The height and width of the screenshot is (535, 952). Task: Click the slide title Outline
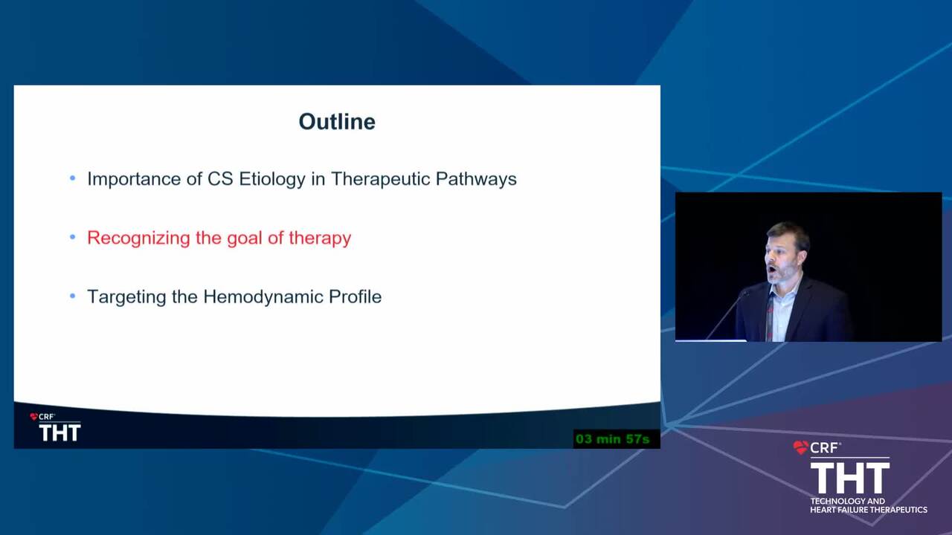click(x=337, y=122)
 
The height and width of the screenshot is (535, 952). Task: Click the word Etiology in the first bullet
click(x=272, y=179)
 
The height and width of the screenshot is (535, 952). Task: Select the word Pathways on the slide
click(x=476, y=179)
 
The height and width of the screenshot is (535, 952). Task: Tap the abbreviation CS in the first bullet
click(x=220, y=179)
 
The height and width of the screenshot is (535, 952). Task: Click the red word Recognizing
click(x=138, y=239)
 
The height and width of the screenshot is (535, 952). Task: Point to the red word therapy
click(x=320, y=239)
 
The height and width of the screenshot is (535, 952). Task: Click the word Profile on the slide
click(x=356, y=296)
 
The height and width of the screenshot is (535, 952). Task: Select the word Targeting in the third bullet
click(x=126, y=297)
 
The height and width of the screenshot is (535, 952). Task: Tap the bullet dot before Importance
click(x=73, y=178)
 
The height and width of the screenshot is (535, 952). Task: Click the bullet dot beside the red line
click(x=73, y=237)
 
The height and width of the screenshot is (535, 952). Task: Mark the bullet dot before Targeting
click(x=73, y=296)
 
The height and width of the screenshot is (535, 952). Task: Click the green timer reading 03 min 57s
click(x=612, y=439)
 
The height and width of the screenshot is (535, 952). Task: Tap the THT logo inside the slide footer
click(x=59, y=432)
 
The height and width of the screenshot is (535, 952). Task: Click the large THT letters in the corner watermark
click(x=850, y=478)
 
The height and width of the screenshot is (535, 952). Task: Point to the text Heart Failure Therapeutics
click(x=869, y=510)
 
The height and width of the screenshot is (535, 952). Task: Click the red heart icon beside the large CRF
click(x=801, y=447)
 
